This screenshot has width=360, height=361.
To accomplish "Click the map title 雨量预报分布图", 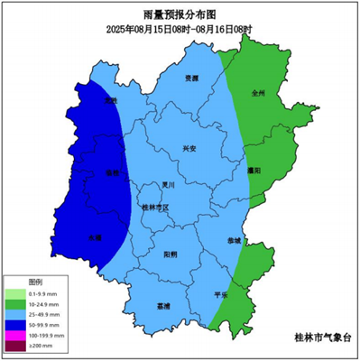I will pyautogui.click(x=180, y=15).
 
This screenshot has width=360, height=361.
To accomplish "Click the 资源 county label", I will pyautogui.click(x=190, y=79).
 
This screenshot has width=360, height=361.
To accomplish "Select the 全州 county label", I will pyautogui.click(x=259, y=92).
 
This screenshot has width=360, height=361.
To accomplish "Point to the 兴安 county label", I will pyautogui.click(x=189, y=148).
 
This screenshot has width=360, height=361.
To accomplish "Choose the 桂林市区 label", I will pyautogui.click(x=156, y=208).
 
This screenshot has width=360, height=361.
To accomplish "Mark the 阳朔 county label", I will pyautogui.click(x=171, y=255).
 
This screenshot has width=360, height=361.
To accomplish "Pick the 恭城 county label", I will pyautogui.click(x=234, y=240).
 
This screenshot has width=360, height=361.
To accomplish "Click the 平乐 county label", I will pyautogui.click(x=221, y=295).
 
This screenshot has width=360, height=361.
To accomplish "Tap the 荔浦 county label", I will pyautogui.click(x=163, y=306).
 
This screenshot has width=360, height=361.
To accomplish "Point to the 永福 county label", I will pyautogui.click(x=94, y=237).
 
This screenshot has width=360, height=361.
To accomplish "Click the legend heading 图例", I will pyautogui.click(x=35, y=282).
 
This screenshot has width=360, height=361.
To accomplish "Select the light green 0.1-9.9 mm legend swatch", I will pyautogui.click(x=14, y=293).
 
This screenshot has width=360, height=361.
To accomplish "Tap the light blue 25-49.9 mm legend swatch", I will pyautogui.click(x=14, y=314).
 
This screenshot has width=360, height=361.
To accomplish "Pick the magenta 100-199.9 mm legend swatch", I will pyautogui.click(x=14, y=335).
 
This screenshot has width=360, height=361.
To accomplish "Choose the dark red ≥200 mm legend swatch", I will pyautogui.click(x=14, y=346).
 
